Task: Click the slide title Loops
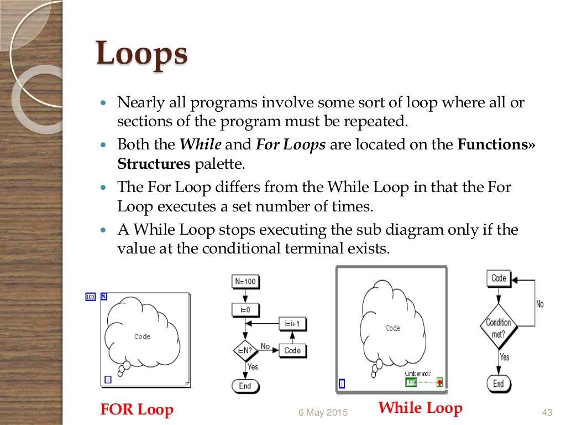click(141, 56)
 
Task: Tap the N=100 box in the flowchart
click(245, 281)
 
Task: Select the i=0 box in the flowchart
click(245, 310)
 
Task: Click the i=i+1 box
click(292, 324)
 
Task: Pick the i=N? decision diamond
click(245, 350)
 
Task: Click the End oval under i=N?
click(245, 386)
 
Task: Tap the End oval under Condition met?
click(499, 383)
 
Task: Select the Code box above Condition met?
click(499, 278)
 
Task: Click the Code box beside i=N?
click(292, 350)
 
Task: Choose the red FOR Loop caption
click(137, 410)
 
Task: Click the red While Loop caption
click(420, 408)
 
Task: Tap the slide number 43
click(547, 412)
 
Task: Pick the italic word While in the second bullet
click(201, 145)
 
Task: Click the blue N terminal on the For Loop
click(104, 296)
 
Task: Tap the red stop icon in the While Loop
click(439, 382)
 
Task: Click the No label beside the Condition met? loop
click(539, 304)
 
